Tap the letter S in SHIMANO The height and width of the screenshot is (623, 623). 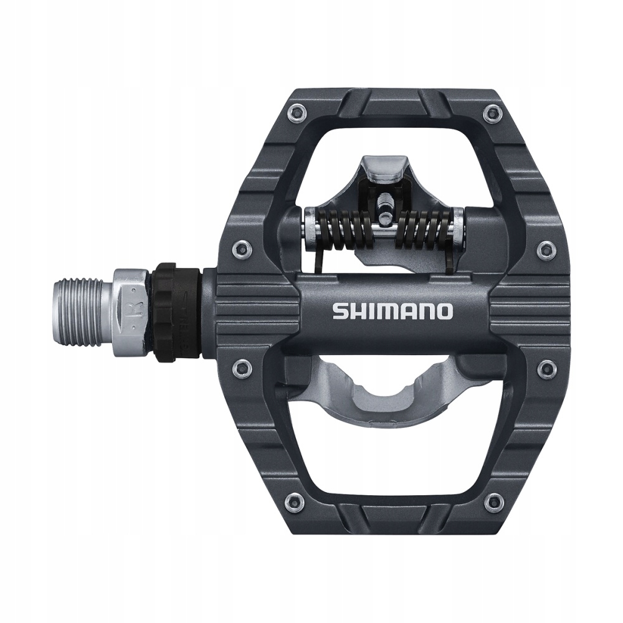click(x=340, y=310)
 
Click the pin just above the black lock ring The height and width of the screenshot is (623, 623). click(x=240, y=249)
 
